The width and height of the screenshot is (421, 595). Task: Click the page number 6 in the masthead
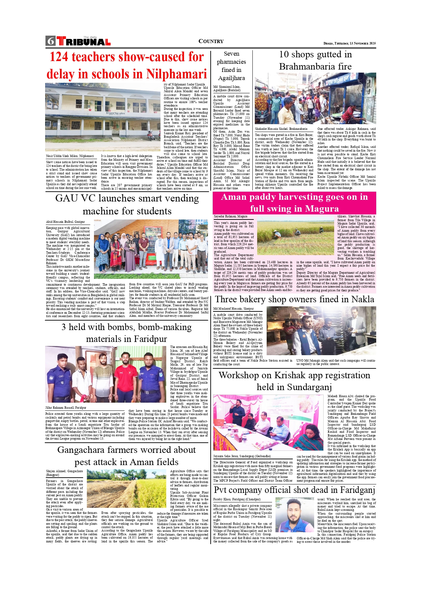pos(51,41)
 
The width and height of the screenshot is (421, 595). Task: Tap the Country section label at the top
pos(211,41)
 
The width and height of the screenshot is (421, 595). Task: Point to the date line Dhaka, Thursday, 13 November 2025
pos(349,43)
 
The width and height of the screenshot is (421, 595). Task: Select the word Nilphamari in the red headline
pos(176,74)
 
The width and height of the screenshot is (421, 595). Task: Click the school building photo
pos(103,117)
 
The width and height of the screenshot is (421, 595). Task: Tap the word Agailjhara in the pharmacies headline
pos(231,78)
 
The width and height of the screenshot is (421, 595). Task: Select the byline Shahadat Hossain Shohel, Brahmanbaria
pos(281,129)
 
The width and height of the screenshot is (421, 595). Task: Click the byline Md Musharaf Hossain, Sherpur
pos(233,309)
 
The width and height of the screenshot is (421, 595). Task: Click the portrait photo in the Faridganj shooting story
pos(294,515)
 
